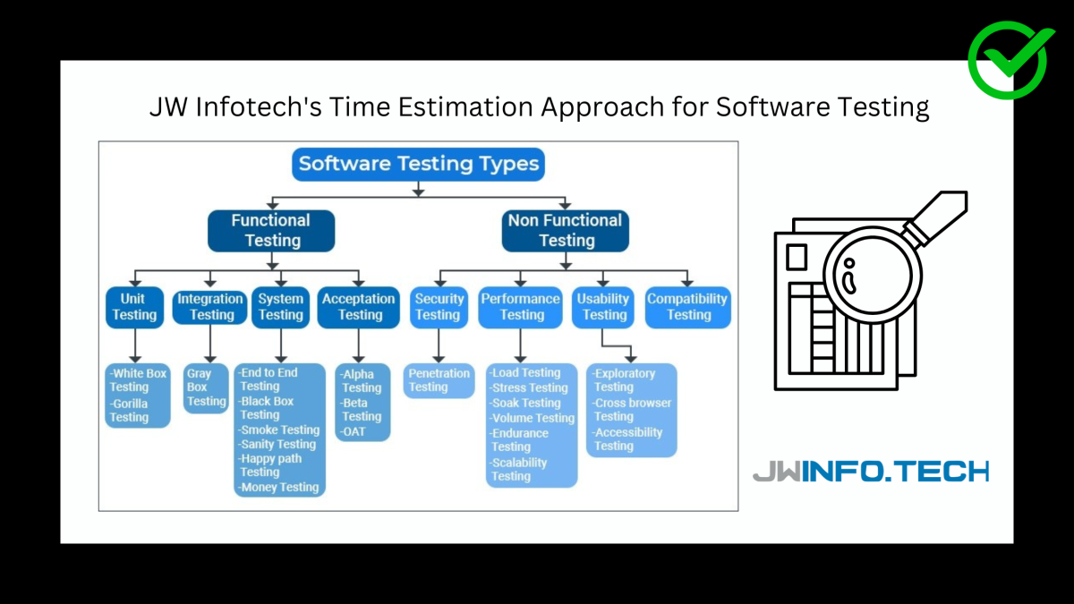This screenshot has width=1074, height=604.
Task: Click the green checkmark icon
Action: pos(1010,61)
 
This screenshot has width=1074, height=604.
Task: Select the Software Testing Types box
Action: pos(418,164)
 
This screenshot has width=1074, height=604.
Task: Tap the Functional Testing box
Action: pos(271,231)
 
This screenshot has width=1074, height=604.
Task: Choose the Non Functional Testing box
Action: pos(566,231)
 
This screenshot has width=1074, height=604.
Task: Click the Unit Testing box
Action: pos(134,307)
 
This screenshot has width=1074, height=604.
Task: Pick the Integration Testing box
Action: pos(210,307)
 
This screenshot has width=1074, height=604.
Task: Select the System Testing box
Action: pos(280,307)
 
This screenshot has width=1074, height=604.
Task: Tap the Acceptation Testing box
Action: pos(359,307)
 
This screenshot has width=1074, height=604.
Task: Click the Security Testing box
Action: pos(439,307)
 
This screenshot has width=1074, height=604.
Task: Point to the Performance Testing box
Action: pos(520,307)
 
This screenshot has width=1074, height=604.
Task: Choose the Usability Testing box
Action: pos(602,307)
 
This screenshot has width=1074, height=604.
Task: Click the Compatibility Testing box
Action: pos(688,307)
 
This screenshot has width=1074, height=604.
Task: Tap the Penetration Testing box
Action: pos(439,380)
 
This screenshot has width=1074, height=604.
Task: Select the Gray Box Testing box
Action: pos(206,387)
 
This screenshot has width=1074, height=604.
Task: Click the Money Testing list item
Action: pos(279,488)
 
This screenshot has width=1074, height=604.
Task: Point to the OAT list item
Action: pos(353,432)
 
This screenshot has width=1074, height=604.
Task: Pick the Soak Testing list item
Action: pos(524,404)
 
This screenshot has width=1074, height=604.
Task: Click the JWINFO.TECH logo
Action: pos(871,472)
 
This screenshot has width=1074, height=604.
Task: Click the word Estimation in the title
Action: pos(465,106)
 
